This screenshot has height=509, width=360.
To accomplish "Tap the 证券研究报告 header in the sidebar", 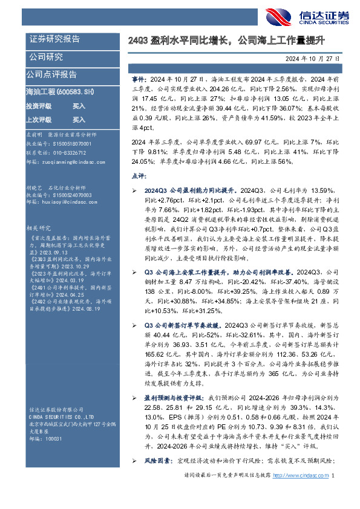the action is tap(55, 39).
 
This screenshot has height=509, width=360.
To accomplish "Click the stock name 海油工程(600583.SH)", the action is tap(60, 92).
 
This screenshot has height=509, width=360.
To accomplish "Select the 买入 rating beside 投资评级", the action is tap(79, 105).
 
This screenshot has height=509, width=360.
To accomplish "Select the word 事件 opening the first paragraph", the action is tap(139, 79).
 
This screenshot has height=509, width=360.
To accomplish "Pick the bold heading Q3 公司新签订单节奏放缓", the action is tap(185, 326).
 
